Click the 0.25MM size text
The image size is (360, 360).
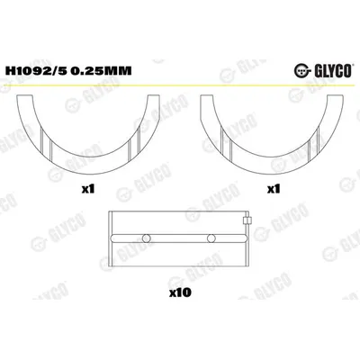click(x=103, y=71)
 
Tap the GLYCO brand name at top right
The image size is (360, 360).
click(x=332, y=71)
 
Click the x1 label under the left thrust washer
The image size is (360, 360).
click(x=88, y=189)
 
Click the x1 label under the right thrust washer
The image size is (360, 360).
click(x=274, y=189)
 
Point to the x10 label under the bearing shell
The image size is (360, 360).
click(x=180, y=292)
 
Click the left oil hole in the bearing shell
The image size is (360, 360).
click(x=147, y=238)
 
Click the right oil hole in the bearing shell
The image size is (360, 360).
click(x=211, y=238)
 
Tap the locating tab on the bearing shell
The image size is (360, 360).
click(x=247, y=220)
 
